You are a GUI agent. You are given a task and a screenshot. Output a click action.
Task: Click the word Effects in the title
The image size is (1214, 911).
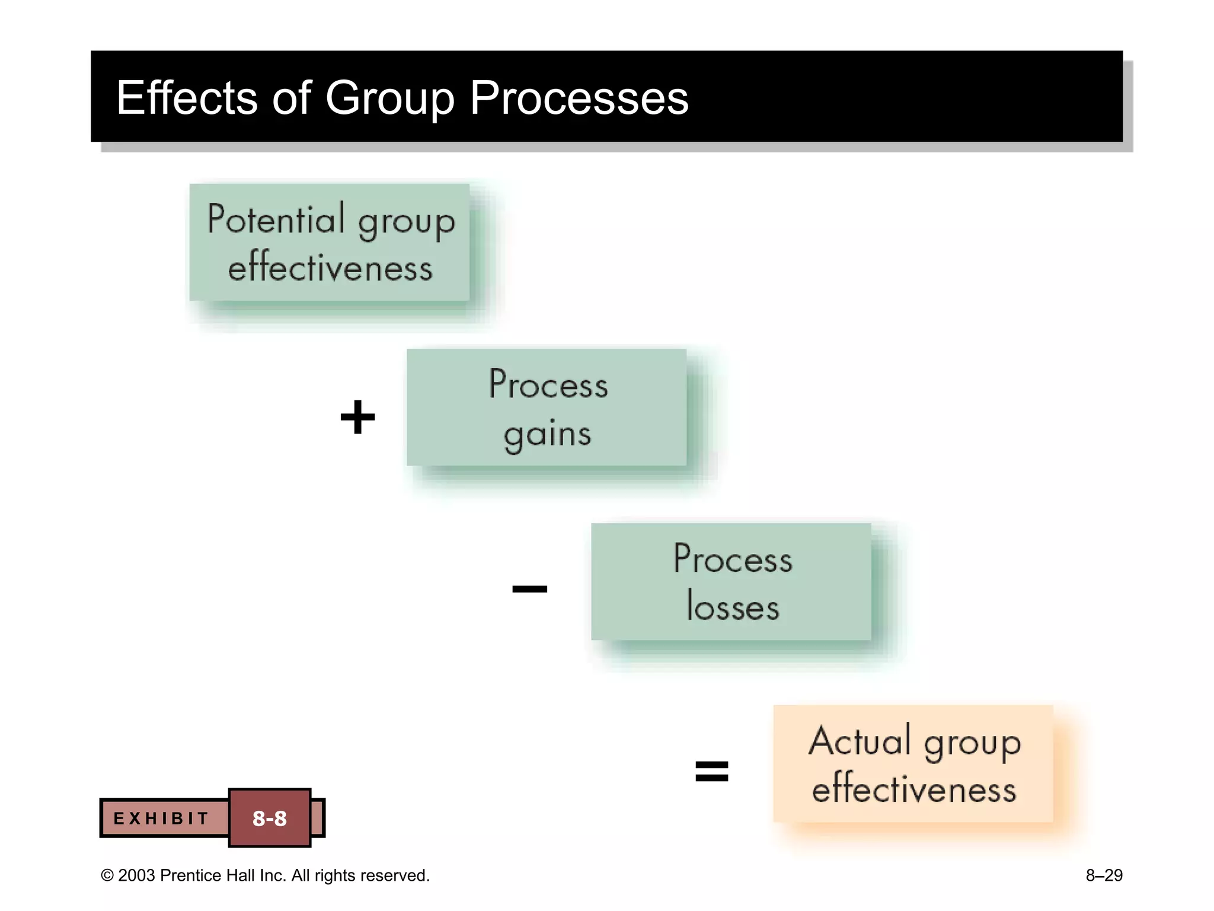187,98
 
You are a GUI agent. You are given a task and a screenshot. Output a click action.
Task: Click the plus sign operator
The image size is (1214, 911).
357,417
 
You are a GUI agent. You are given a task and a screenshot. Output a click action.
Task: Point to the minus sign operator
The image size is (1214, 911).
529,588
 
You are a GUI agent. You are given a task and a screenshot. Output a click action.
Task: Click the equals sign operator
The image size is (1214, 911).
711,771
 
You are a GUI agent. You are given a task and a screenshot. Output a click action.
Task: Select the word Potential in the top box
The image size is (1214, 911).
276,219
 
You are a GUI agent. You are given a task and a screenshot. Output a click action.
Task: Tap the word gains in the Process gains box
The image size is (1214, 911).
547,435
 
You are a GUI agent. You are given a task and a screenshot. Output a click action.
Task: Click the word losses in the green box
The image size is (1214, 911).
733,607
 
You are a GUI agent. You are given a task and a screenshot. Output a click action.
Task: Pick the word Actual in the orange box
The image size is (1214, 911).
860,741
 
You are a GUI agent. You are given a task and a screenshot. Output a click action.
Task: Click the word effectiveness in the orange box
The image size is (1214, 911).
913,789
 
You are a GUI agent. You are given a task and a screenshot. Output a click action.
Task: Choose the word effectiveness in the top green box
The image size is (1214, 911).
330,267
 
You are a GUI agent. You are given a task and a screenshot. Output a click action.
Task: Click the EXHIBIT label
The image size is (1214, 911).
161,818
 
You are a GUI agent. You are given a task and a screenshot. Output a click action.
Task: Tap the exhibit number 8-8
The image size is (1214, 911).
270,818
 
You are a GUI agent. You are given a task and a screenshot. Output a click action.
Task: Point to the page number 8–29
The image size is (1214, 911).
1104,875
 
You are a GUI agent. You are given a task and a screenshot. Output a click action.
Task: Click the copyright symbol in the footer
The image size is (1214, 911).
107,876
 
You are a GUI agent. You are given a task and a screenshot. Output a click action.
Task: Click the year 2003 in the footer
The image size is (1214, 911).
136,875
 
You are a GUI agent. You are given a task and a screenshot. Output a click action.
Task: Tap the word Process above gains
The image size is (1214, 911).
548,385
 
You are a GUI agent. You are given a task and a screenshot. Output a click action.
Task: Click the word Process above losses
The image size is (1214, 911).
733,559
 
